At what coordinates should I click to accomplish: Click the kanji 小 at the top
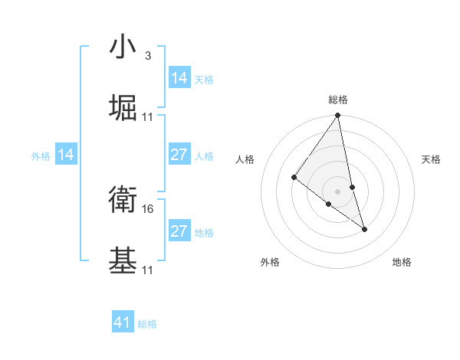coord(123,48)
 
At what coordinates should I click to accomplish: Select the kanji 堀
coord(123,108)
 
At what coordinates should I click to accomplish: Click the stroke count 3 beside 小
coord(147,56)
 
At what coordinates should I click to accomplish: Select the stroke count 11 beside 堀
coord(148,116)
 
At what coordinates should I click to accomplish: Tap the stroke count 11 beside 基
coord(148,270)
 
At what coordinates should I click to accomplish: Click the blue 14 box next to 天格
coord(179,78)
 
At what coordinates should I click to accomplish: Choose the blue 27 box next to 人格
coord(179,155)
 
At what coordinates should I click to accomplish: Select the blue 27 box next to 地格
coord(179,231)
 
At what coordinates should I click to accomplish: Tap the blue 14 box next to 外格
coord(66,155)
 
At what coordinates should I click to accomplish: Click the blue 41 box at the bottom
coord(123,322)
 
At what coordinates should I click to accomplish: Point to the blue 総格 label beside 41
coord(147,324)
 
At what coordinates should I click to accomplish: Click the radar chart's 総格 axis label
coord(338,100)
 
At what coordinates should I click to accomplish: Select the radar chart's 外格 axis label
coord(270,263)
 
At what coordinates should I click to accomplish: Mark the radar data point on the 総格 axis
coord(337,116)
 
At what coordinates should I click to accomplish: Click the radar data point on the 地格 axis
coord(365,228)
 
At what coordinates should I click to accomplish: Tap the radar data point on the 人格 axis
coord(294,177)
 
